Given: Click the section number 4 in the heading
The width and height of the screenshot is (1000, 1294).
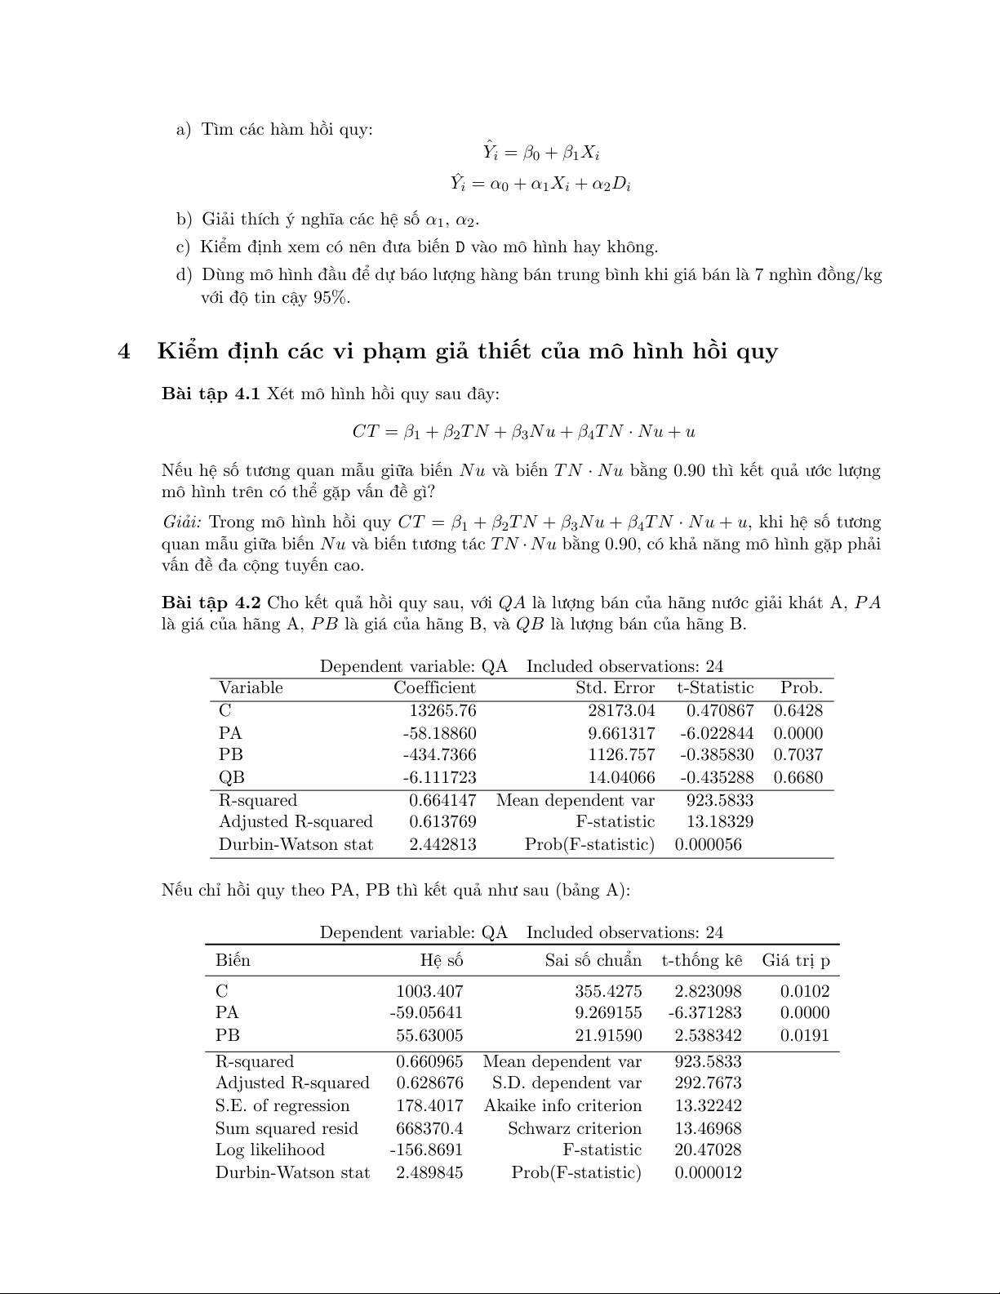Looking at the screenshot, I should [124, 352].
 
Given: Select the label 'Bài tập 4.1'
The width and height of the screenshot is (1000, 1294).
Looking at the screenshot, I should [211, 394].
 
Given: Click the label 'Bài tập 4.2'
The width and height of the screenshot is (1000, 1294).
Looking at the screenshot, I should [211, 603].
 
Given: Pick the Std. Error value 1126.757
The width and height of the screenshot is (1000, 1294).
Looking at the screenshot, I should [621, 755].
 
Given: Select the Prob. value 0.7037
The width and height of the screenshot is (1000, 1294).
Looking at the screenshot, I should [798, 755].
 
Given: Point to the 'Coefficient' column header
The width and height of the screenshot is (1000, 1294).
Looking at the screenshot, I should [434, 688].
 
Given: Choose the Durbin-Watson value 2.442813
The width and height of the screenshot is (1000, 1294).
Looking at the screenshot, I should [442, 845].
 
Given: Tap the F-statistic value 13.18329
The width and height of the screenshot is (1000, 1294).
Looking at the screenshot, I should [719, 822].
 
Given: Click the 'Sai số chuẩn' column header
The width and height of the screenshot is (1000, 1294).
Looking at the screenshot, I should [593, 961].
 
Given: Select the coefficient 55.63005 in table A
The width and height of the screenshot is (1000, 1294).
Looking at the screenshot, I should [429, 1036].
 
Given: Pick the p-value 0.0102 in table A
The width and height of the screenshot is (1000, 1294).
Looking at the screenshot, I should [805, 992].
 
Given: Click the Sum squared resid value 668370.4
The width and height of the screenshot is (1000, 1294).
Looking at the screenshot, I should [429, 1129].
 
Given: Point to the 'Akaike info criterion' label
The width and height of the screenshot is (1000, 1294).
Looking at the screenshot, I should [562, 1106].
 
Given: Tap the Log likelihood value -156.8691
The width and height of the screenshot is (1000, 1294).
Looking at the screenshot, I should [426, 1150].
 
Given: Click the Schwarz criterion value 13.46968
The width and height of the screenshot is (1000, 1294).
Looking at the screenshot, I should [708, 1129].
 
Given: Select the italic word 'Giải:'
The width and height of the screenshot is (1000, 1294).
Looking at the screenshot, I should [183, 522].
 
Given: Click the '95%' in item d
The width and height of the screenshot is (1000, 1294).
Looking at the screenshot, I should [332, 298].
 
